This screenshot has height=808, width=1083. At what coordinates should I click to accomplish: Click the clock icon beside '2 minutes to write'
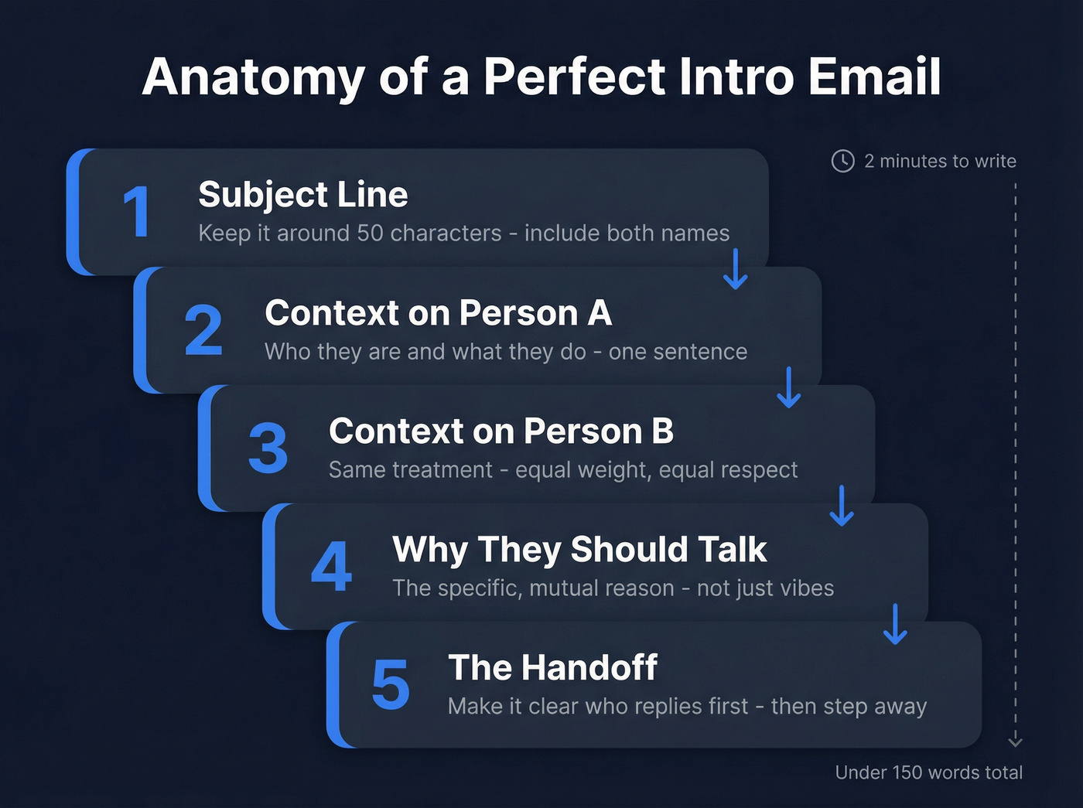point(842,161)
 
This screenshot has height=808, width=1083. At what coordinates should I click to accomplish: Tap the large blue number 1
point(137,212)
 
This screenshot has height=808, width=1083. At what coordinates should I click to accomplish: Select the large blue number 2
point(203,330)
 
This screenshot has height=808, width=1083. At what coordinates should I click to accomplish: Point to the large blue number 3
point(268,448)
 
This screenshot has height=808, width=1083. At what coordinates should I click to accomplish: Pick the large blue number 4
point(331,567)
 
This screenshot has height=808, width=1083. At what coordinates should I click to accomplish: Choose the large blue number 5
point(390,685)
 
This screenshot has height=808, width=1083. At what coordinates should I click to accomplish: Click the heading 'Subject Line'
point(302,194)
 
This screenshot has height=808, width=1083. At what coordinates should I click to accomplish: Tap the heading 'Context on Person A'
point(438,313)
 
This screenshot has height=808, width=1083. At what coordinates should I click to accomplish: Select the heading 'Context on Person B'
point(501,431)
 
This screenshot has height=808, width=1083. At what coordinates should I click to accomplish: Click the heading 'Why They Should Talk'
point(579,550)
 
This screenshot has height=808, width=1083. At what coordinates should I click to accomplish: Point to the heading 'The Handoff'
point(552,668)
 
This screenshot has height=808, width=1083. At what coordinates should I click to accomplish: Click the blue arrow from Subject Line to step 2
point(735,269)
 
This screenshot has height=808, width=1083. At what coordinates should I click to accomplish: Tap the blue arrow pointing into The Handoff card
point(895,624)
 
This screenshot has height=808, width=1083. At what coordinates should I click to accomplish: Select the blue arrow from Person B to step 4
point(842,506)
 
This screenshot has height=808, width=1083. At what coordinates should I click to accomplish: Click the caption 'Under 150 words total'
point(928,772)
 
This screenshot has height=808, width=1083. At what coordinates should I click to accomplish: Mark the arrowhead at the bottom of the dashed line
point(1016,742)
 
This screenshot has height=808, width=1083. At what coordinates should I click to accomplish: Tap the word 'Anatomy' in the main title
point(253,78)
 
